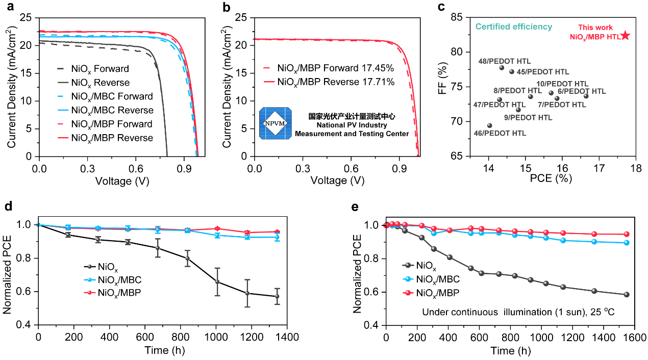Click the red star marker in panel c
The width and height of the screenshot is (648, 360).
tap(626, 36)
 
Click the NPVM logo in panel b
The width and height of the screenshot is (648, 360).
tap(276, 123)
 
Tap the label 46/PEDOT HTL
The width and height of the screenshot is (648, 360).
tap(501, 133)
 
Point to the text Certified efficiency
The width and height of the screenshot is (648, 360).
tap(513, 27)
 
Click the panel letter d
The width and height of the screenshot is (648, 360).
tap(7, 208)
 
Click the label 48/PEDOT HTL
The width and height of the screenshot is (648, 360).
tap(499, 61)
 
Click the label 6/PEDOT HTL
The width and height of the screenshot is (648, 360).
tap(582, 91)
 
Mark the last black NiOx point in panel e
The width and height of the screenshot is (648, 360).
tap(626, 294)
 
